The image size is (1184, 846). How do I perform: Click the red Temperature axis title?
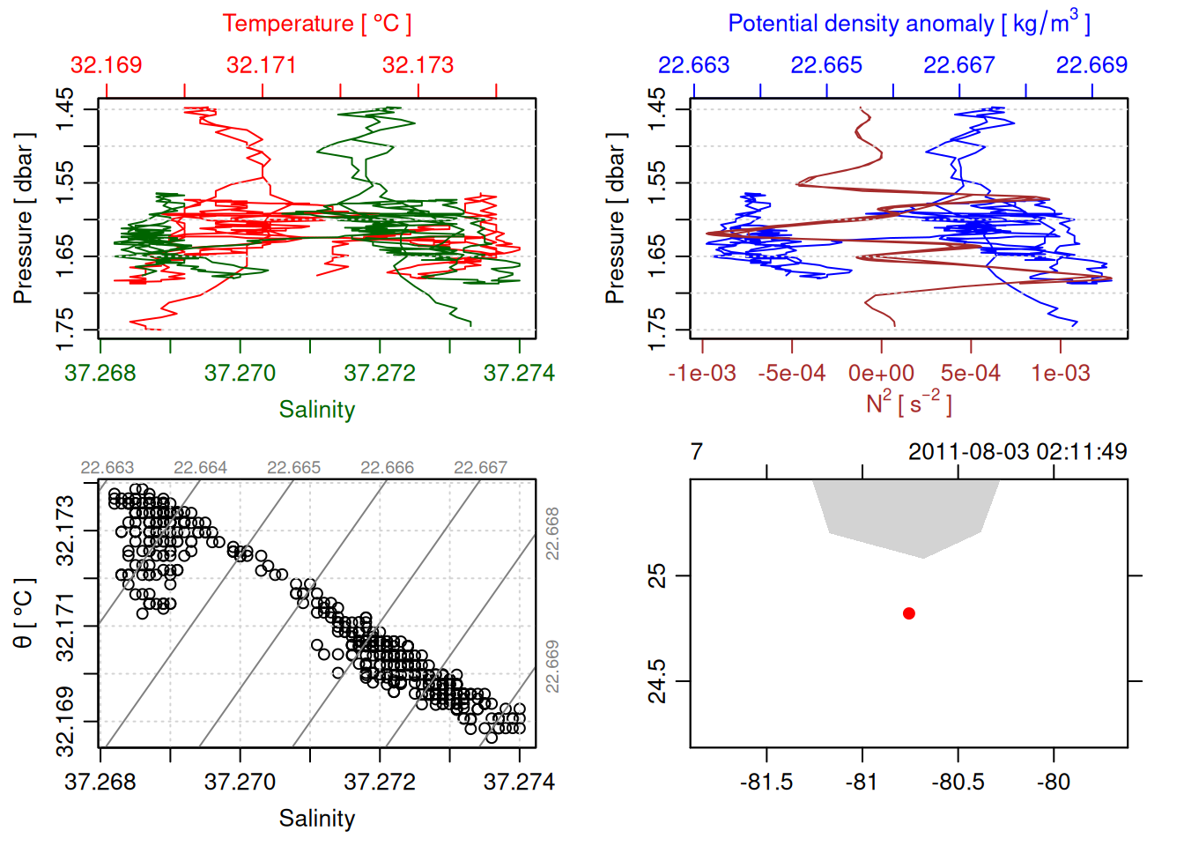point(316,24)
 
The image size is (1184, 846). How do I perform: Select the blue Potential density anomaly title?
point(908,24)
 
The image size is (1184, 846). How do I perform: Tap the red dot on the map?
point(909,613)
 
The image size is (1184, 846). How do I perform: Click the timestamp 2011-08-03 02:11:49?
point(1017,452)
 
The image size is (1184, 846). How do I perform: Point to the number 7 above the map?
point(697,452)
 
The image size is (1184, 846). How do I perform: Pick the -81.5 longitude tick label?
point(766,782)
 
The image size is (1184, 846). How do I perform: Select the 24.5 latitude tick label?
point(658,681)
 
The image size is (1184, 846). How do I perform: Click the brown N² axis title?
point(908,404)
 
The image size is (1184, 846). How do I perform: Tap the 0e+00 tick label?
point(881,374)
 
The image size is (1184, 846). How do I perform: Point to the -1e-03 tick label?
point(702,374)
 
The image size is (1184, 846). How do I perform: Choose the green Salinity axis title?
point(316,410)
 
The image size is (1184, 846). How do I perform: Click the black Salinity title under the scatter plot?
point(316,819)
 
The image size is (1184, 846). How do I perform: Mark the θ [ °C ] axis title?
point(24,613)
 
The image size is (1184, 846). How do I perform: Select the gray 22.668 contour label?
point(552,533)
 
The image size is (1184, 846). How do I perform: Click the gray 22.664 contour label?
point(200,468)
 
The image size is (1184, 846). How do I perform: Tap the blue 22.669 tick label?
point(1091,65)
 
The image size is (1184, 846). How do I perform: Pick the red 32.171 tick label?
point(262,65)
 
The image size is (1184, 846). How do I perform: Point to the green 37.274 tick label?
point(519,374)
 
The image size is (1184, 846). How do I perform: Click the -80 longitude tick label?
point(1054,782)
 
